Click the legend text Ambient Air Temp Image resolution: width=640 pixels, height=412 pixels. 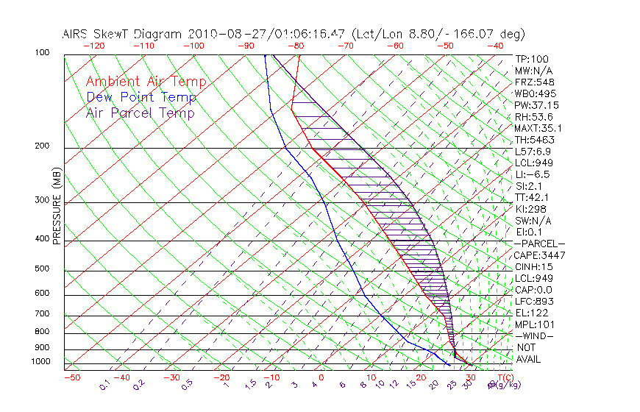tap(146, 82)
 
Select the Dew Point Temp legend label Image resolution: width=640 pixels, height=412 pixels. tap(141, 97)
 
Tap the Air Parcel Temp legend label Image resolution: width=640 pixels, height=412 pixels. tap(140, 113)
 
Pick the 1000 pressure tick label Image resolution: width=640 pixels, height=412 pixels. tap(41, 361)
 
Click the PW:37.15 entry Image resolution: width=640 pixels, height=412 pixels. tap(536, 105)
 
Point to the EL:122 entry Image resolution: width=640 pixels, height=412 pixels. tap(530, 313)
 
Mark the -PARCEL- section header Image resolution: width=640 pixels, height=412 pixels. tap(539, 244)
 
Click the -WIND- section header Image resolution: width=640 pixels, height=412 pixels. tap(534, 335)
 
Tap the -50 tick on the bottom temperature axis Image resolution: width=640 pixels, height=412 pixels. tap(71, 377)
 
